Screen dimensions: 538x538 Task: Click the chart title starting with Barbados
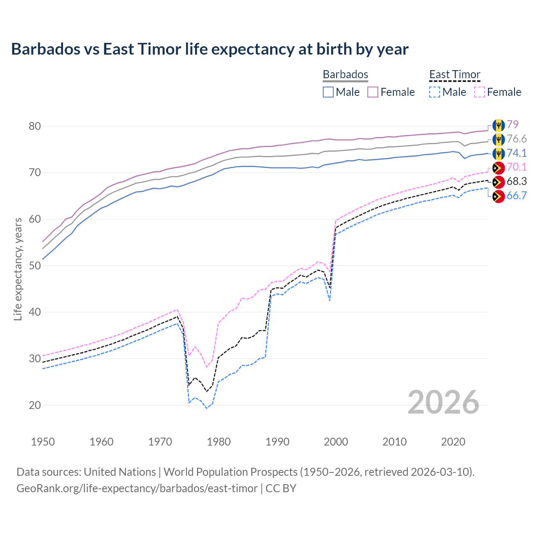click(210, 49)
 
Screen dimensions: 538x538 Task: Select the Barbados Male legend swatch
click(328, 92)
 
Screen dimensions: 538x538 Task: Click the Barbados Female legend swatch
click(373, 92)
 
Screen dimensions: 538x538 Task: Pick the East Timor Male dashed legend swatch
click(435, 92)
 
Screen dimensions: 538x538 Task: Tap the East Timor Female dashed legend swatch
click(479, 92)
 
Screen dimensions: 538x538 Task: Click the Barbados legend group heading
click(345, 74)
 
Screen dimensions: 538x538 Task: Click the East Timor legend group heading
click(455, 74)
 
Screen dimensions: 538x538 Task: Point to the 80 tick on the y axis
click(35, 126)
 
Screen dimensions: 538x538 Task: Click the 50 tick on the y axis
click(35, 266)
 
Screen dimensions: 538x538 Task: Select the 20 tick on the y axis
click(35, 405)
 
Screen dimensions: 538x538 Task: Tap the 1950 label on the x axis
click(43, 442)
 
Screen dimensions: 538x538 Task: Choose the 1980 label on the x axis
click(219, 442)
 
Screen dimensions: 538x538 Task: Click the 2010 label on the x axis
click(394, 442)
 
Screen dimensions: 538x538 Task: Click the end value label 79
click(512, 124)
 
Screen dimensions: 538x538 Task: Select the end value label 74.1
click(517, 153)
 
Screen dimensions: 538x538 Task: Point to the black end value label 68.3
click(517, 182)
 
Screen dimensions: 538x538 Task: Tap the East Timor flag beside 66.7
click(498, 196)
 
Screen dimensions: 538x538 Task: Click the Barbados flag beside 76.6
click(498, 139)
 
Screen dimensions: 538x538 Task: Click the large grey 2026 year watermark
click(443, 402)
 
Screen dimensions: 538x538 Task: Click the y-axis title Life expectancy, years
click(18, 269)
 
